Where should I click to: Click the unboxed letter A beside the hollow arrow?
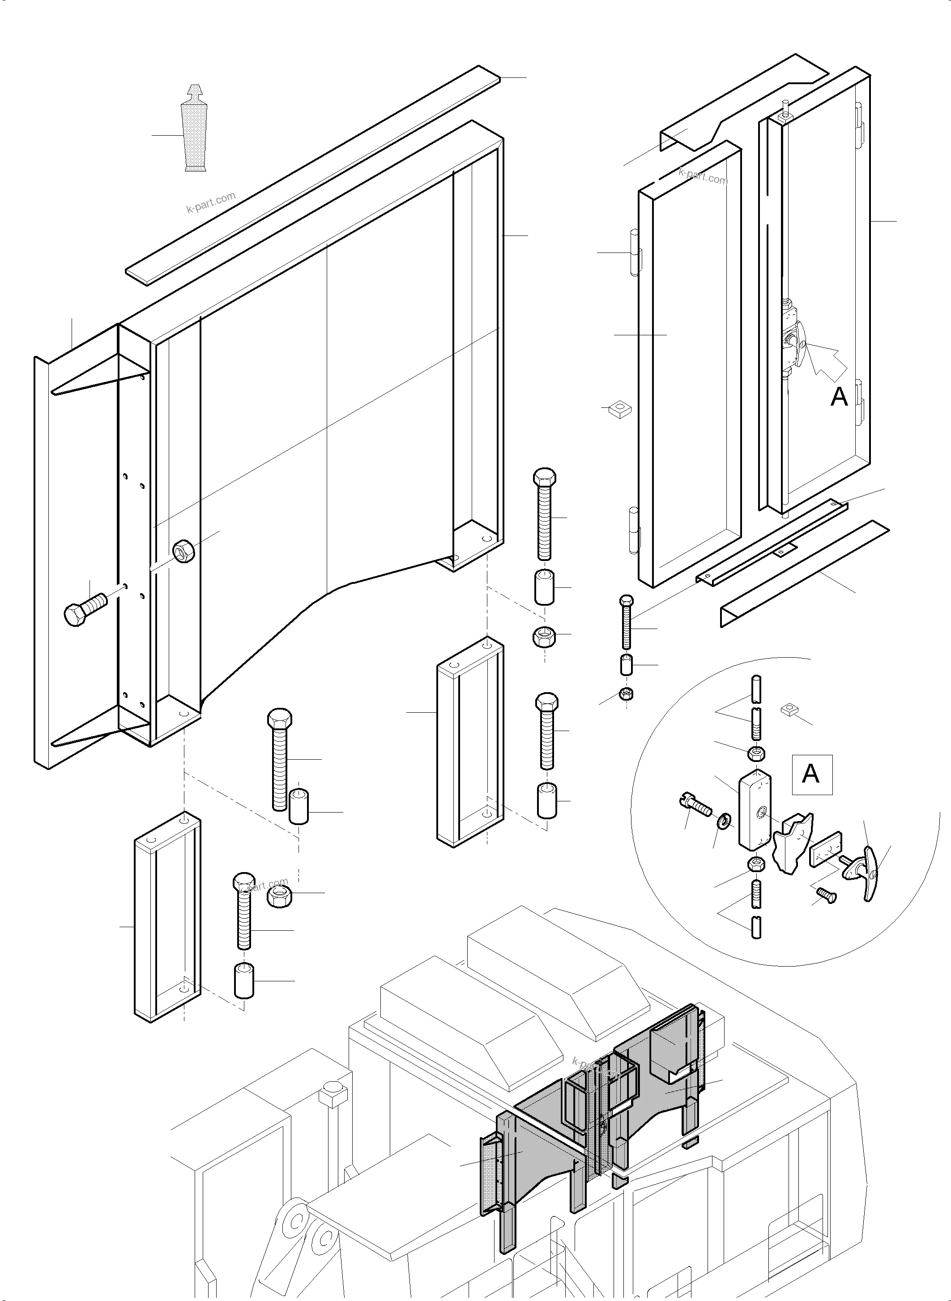point(839,396)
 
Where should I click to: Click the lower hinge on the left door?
point(635,529)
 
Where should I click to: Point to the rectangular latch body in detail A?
point(754,809)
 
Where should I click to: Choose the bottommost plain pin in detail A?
point(756,928)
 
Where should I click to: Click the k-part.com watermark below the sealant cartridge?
point(211,203)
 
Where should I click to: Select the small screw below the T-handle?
point(827,894)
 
